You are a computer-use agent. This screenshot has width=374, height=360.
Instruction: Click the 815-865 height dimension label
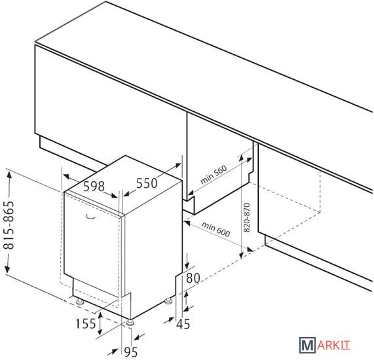coord(9,225)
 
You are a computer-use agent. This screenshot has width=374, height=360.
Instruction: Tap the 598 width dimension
coord(94,186)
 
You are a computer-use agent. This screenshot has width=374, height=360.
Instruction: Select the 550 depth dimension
coord(147,183)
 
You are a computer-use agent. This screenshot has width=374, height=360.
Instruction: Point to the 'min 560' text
coord(214,175)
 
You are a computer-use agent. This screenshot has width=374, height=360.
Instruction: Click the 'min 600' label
coord(216,229)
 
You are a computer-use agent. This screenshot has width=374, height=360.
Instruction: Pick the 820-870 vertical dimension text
coord(247,217)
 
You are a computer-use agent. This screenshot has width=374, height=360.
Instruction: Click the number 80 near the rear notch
coord(193,278)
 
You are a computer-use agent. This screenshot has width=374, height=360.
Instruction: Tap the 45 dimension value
coord(183,324)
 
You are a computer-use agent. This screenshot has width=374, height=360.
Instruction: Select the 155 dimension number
coord(86,324)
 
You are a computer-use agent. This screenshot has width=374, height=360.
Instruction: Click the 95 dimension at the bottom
coord(131,352)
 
